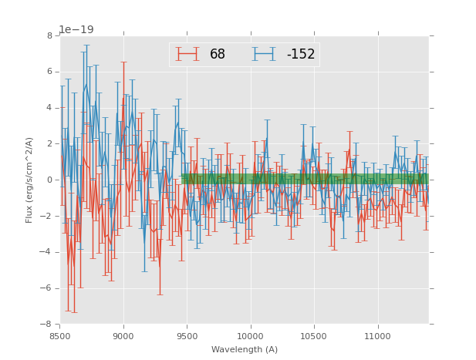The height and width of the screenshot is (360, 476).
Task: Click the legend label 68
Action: point(218,54)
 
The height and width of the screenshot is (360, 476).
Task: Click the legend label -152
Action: point(301,54)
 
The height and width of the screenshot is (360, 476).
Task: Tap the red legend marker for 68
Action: point(187,54)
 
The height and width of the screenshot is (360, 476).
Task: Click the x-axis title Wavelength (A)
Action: point(245,349)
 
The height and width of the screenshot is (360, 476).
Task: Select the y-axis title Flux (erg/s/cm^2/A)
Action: point(29,180)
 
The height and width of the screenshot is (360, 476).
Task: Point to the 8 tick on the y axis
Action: point(49,35)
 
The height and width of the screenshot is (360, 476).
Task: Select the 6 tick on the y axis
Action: point(49,72)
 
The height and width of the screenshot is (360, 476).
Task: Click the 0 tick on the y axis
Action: point(49,180)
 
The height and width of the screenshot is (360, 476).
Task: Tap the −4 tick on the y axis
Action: point(47,252)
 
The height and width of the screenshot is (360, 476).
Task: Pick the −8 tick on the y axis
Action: point(47,325)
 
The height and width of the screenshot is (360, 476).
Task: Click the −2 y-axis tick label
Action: point(47,216)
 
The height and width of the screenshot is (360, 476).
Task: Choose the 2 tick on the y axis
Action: point(49,143)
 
